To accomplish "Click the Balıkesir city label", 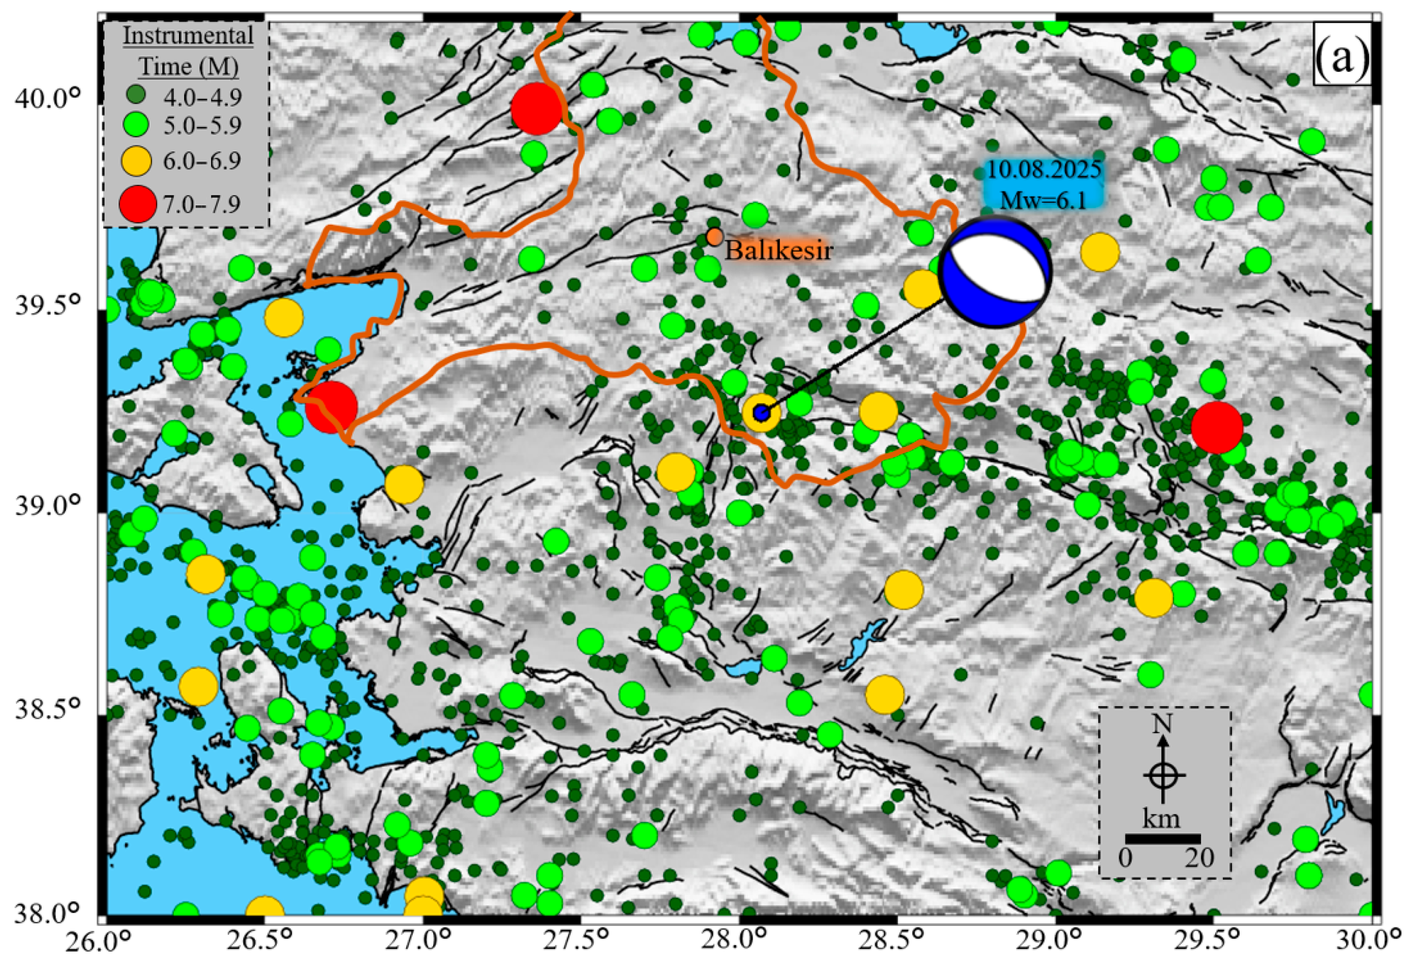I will pyautogui.click(x=778, y=251).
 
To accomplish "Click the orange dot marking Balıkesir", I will pyautogui.click(x=714, y=236).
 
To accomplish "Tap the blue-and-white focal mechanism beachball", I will pyautogui.click(x=995, y=272).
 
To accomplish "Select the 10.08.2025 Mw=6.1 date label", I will pyautogui.click(x=1044, y=185).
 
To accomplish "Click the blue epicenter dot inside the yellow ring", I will pyautogui.click(x=761, y=413).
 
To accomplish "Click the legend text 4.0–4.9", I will pyautogui.click(x=203, y=96).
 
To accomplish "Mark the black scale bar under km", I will pyautogui.click(x=1163, y=839).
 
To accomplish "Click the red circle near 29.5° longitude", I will pyautogui.click(x=1217, y=428).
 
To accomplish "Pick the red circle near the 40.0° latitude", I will pyautogui.click(x=536, y=108).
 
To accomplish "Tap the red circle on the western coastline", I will pyautogui.click(x=331, y=407).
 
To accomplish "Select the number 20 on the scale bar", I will pyautogui.click(x=1199, y=859).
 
